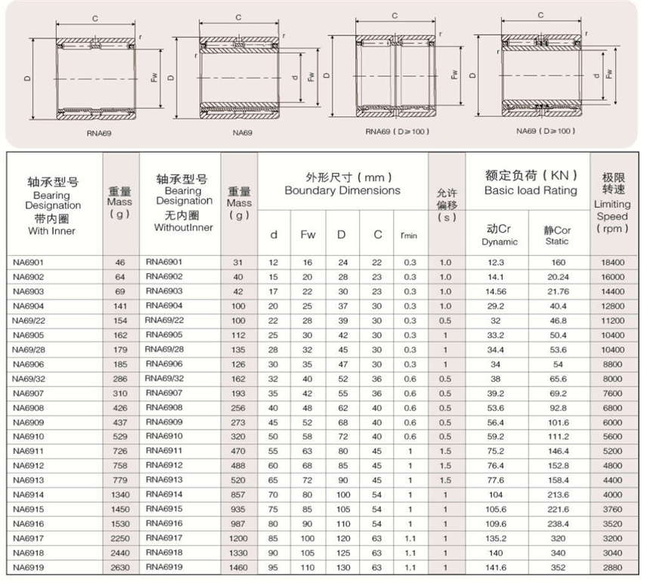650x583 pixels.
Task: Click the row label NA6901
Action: pos(29,263)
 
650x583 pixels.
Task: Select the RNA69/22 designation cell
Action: pos(165,321)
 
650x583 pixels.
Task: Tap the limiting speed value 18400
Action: pos(612,263)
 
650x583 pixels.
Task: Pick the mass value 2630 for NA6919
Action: pos(119,567)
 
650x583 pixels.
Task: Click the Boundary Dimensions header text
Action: pos(342,190)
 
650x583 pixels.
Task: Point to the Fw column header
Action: pos(308,234)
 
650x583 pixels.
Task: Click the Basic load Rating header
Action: pos(531,190)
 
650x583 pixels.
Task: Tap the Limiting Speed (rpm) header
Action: pos(612,204)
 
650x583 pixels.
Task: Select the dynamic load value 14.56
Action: pos(496,291)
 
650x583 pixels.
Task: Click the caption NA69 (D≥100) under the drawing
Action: pos(540,131)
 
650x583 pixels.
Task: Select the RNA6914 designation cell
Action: pos(165,495)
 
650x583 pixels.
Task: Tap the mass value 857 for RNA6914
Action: pos(239,495)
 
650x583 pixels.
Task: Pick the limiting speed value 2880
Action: pos(612,567)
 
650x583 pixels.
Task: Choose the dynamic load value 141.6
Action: pos(496,567)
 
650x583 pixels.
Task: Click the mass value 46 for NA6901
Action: pos(119,263)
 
